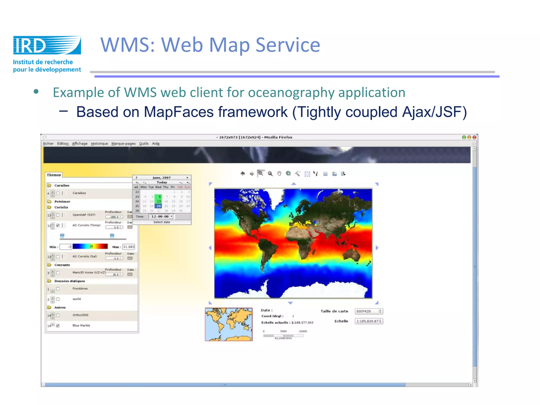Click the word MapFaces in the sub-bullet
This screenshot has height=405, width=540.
179,112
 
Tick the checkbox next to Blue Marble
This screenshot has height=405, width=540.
58,326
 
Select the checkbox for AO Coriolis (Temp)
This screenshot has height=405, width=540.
58,225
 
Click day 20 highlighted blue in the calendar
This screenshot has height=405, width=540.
158,206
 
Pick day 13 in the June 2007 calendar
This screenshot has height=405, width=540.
159,201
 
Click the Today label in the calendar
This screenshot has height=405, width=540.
162,182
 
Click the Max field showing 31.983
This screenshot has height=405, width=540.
129,247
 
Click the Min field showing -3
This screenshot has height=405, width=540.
66,247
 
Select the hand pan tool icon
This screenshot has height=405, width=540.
279,173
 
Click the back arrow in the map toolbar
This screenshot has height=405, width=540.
243,173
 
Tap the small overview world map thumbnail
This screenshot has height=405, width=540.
229,324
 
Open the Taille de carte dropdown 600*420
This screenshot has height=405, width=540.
369,311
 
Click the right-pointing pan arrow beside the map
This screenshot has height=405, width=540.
377,248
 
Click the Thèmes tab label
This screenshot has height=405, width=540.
54,175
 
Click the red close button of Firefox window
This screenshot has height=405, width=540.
474,137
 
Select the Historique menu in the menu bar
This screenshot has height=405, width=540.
99,144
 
